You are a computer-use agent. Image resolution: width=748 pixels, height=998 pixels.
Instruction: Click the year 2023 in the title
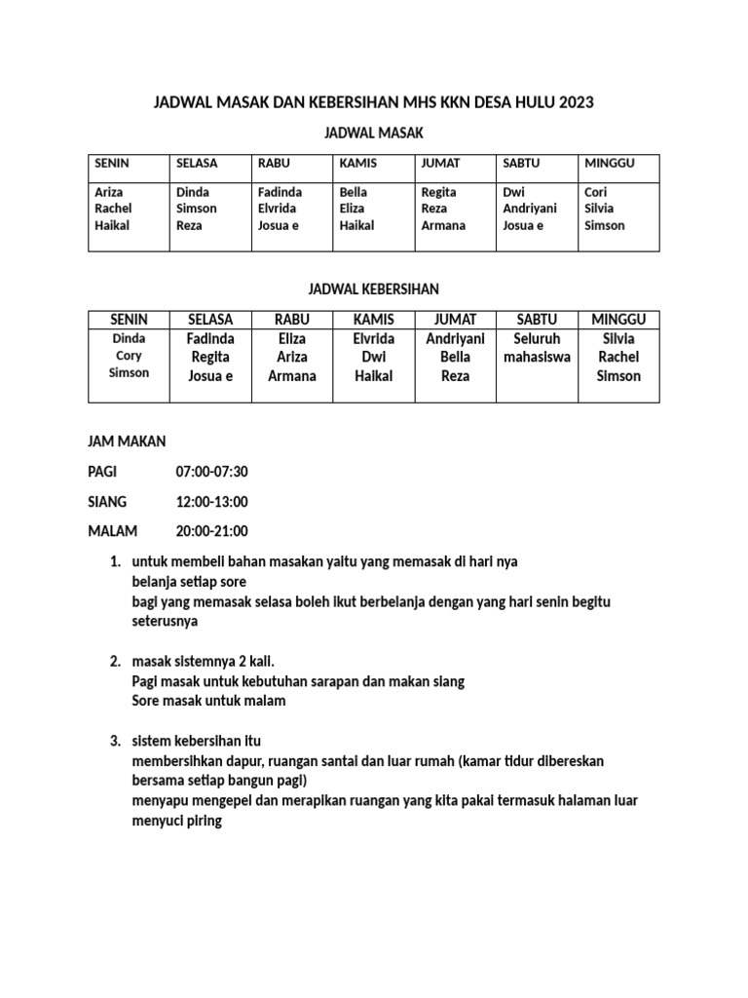tap(576, 101)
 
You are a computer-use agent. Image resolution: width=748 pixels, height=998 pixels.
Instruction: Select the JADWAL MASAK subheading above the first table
tap(374, 132)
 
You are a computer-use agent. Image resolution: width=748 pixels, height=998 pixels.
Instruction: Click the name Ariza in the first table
tap(110, 192)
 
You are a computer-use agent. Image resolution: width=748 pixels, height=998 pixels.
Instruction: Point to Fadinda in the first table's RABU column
tap(280, 192)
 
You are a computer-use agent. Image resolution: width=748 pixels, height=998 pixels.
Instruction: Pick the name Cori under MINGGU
tap(595, 192)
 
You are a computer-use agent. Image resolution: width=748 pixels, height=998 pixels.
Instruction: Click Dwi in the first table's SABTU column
tap(513, 192)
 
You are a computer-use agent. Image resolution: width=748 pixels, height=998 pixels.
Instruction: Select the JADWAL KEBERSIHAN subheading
tap(374, 289)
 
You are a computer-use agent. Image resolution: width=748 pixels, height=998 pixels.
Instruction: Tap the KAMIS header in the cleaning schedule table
tap(374, 320)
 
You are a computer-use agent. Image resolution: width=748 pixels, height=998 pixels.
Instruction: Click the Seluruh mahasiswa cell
tap(538, 348)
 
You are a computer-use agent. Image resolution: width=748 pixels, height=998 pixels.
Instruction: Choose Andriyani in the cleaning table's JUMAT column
tap(456, 339)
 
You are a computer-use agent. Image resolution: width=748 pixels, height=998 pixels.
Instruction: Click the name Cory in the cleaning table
tap(129, 356)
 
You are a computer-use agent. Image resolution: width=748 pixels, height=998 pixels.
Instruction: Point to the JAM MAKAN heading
tap(127, 442)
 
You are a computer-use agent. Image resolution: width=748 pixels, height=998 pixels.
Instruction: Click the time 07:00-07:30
tap(211, 472)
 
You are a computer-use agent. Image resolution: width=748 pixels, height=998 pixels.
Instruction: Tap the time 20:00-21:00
tap(211, 531)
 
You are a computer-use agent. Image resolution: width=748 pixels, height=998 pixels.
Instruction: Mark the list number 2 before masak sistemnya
tap(115, 662)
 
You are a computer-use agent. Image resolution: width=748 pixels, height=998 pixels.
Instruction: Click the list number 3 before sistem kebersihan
tap(115, 741)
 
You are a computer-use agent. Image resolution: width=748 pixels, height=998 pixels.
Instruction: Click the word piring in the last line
tap(206, 821)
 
